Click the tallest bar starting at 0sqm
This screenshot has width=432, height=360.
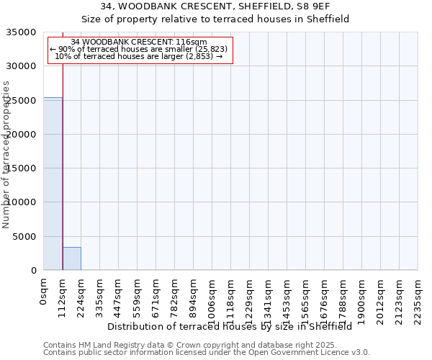pyautogui.click(x=53, y=184)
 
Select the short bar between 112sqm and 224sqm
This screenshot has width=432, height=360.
pyautogui.click(x=71, y=258)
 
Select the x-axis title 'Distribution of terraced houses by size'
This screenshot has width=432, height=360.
pyautogui.click(x=234, y=326)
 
